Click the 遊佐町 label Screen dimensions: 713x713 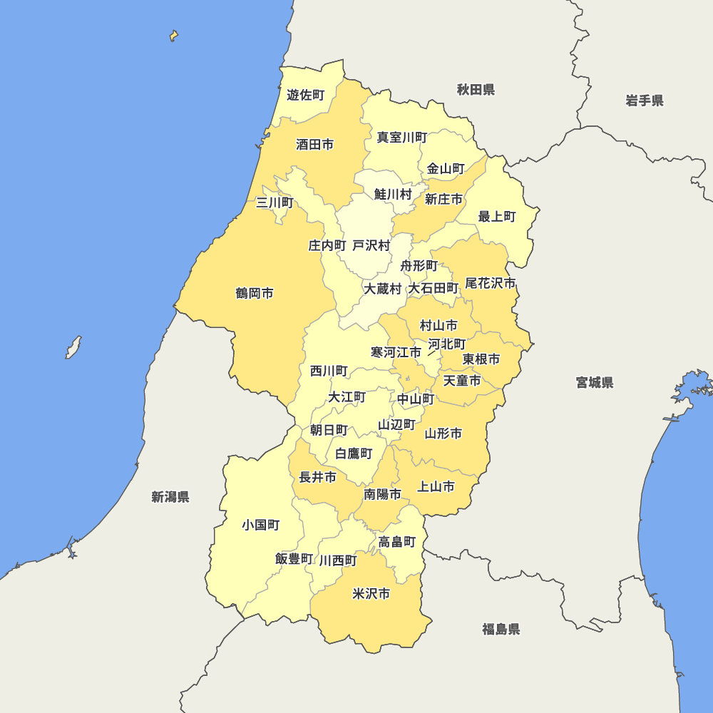[305, 95]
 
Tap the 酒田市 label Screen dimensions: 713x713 [314, 145]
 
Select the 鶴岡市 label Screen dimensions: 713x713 [255, 294]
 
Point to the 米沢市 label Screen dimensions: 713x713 [371, 594]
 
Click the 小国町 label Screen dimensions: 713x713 [260, 525]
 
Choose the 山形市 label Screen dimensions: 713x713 [443, 434]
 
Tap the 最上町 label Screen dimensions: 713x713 [497, 217]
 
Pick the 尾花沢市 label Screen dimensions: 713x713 [491, 284]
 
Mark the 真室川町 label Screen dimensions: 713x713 [402, 137]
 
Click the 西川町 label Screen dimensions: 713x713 [329, 371]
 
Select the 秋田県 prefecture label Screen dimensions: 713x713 [476, 90]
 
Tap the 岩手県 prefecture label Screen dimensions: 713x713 [645, 101]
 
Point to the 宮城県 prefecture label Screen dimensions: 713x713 [595, 383]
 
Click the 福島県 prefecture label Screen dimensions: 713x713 [501, 629]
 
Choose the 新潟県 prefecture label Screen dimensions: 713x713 [170, 497]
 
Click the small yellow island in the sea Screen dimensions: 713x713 [173, 36]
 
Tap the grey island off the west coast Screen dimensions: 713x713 [73, 347]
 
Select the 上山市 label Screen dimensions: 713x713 [436, 487]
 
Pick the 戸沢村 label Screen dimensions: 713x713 [371, 246]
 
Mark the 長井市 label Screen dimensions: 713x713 [317, 478]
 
